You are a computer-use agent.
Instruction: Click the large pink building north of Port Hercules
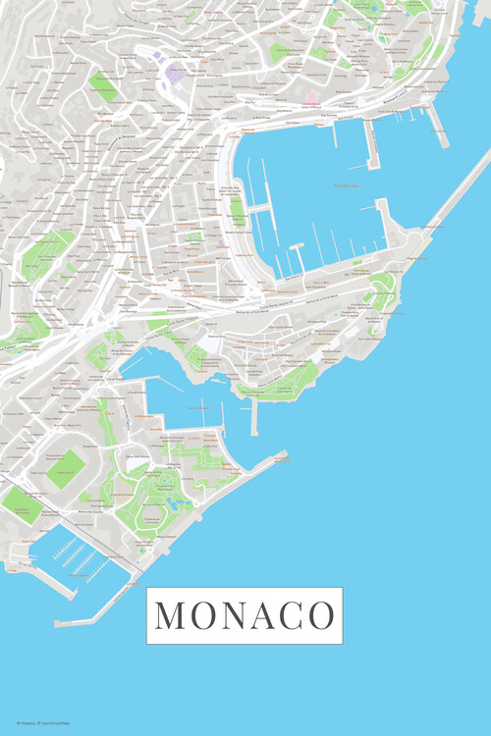(x=311, y=103)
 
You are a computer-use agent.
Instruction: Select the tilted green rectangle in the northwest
(x=103, y=86)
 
